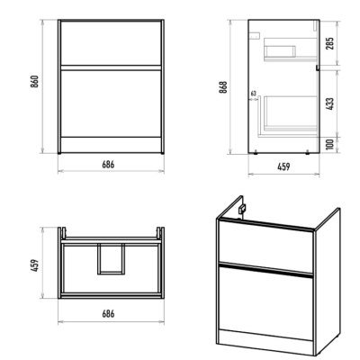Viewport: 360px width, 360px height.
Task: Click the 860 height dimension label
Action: click(34, 81)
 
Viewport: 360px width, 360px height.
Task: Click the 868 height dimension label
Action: click(223, 87)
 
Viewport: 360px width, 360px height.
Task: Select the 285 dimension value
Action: click(329, 43)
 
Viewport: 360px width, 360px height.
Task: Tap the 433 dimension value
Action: click(329, 103)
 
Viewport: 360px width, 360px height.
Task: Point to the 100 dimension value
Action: click(329, 145)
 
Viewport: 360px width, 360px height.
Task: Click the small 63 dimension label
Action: click(254, 94)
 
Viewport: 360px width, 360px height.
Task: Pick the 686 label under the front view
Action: click(108, 165)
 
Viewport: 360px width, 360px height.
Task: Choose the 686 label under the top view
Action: click(108, 314)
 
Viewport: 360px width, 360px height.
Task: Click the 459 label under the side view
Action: click(283, 166)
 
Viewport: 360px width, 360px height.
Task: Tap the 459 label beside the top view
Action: click(35, 265)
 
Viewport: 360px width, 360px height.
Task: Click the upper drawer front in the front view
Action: click(111, 42)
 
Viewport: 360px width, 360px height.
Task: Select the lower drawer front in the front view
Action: click(111, 103)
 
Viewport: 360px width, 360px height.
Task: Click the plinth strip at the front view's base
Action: click(111, 145)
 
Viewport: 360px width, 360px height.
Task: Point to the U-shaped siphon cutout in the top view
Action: click(111, 273)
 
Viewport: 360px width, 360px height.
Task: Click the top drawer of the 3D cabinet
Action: click(265, 246)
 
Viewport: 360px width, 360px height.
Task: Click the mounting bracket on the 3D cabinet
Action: click(242, 208)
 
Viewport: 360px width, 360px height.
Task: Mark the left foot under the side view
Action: click(256, 153)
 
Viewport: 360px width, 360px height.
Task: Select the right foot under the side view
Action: click(307, 153)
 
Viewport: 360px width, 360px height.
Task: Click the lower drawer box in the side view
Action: click(290, 114)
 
